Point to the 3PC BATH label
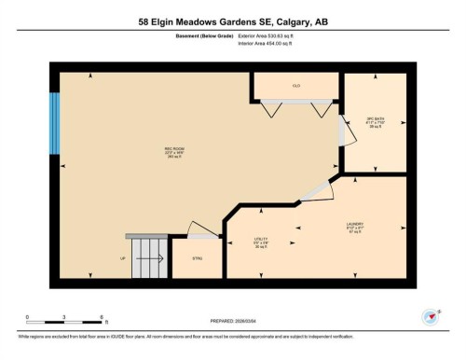coord(376,120)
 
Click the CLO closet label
coord(296,86)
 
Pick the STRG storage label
coord(197,257)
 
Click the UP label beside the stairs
coord(123,257)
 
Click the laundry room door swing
coord(316,190)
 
